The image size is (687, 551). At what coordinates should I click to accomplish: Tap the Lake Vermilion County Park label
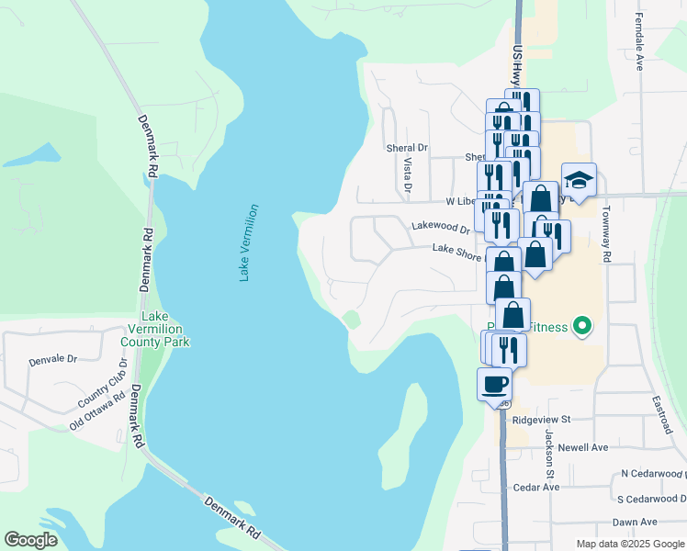(154, 329)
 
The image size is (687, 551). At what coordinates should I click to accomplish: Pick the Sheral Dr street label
(407, 147)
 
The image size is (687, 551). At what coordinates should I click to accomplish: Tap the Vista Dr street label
(408, 174)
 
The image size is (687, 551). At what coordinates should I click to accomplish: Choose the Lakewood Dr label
(440, 226)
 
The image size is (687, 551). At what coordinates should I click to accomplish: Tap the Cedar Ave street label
(536, 487)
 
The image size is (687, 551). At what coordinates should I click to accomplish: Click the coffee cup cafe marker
(494, 382)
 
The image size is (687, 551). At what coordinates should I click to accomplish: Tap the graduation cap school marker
(579, 178)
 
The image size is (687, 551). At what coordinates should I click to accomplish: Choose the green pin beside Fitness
(580, 325)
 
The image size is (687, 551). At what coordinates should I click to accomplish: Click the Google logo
(30, 541)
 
